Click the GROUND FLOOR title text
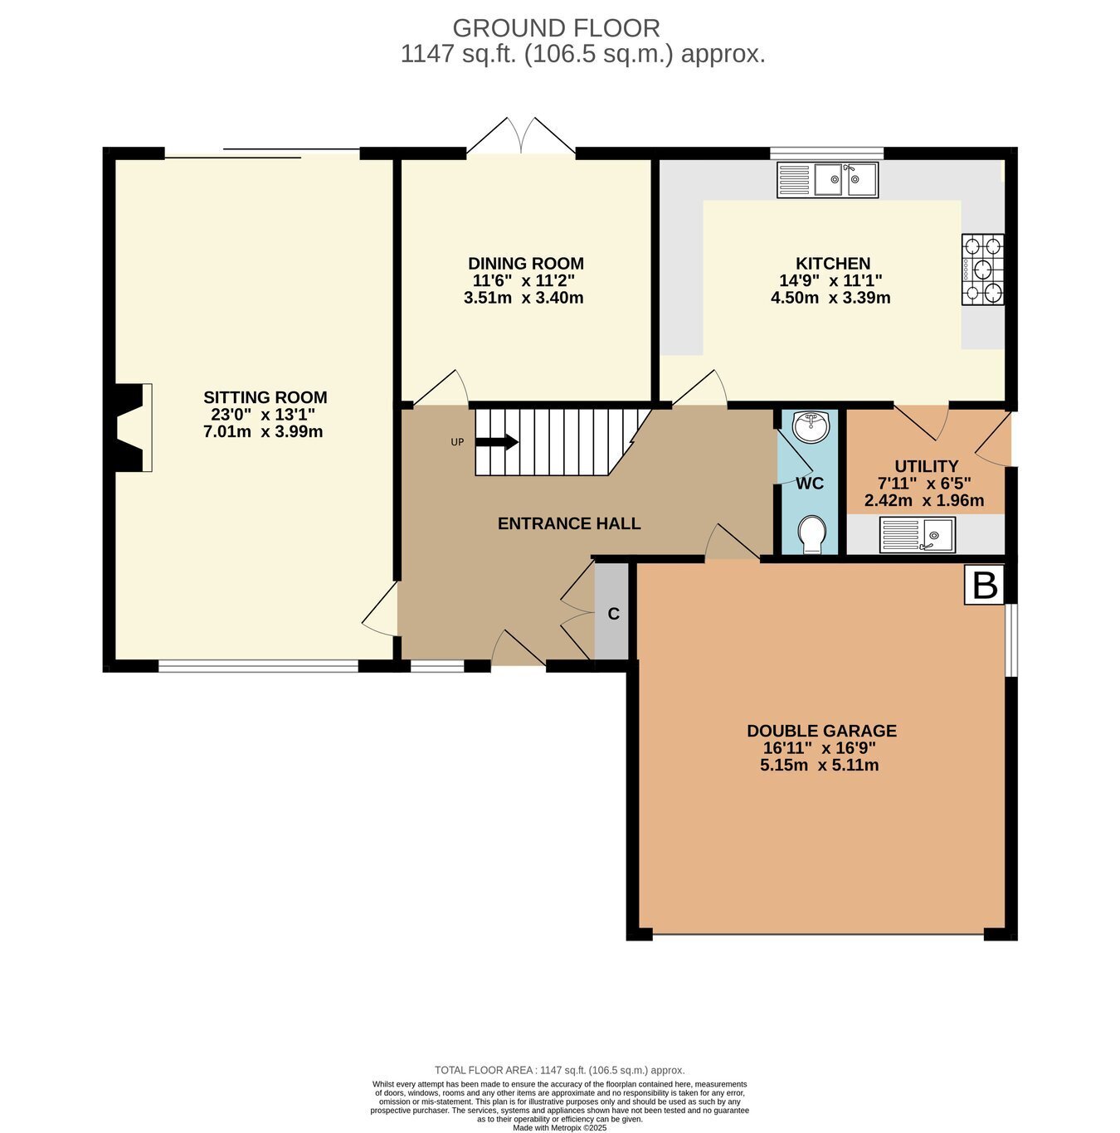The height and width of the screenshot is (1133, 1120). click(556, 28)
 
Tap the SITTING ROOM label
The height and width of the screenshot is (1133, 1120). click(265, 397)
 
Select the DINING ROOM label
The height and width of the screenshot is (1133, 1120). click(525, 264)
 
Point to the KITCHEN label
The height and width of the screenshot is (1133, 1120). click(832, 264)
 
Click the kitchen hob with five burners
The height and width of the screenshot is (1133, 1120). click(983, 270)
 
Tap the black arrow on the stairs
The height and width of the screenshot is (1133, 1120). click(497, 442)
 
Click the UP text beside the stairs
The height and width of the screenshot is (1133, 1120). click(457, 442)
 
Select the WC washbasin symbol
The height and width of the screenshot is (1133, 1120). click(810, 428)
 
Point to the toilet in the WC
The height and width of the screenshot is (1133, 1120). click(811, 533)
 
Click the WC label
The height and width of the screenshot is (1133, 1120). click(810, 484)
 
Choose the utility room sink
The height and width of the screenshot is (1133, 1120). click(917, 535)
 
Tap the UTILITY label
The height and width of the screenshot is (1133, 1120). click(926, 466)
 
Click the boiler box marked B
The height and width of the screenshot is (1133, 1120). click(985, 586)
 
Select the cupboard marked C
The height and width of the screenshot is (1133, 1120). click(614, 614)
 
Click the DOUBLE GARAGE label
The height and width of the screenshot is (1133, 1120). click(821, 731)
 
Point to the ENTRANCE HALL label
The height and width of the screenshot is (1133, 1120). click(569, 523)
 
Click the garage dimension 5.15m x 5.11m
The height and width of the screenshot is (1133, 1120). click(819, 765)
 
